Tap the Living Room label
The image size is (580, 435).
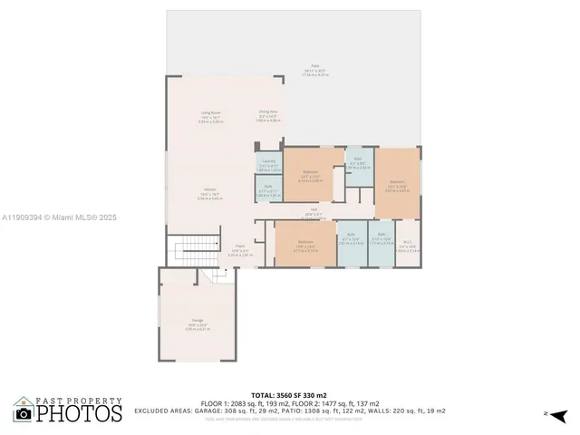210,116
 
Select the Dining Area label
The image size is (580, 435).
269,114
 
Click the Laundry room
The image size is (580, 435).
268,165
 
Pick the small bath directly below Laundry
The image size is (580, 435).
268,192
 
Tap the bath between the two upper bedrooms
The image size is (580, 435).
358,163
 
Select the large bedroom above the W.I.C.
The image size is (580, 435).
397,184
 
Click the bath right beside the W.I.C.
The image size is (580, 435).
381,243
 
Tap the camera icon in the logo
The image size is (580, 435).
24,413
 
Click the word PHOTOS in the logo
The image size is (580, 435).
81,413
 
